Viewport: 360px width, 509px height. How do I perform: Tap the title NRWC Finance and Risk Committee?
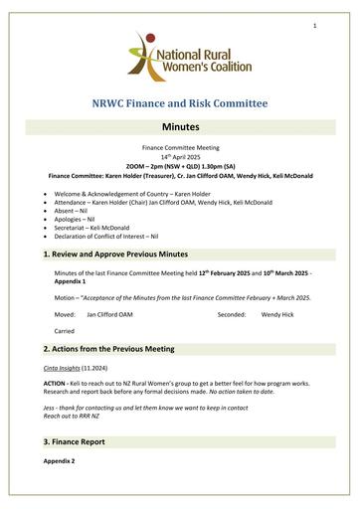coord(179,103)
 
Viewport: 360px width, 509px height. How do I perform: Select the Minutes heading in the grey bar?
coord(179,128)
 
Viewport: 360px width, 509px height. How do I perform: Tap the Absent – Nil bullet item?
coord(80,204)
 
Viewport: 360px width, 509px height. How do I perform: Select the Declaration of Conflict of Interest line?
coord(108,228)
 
